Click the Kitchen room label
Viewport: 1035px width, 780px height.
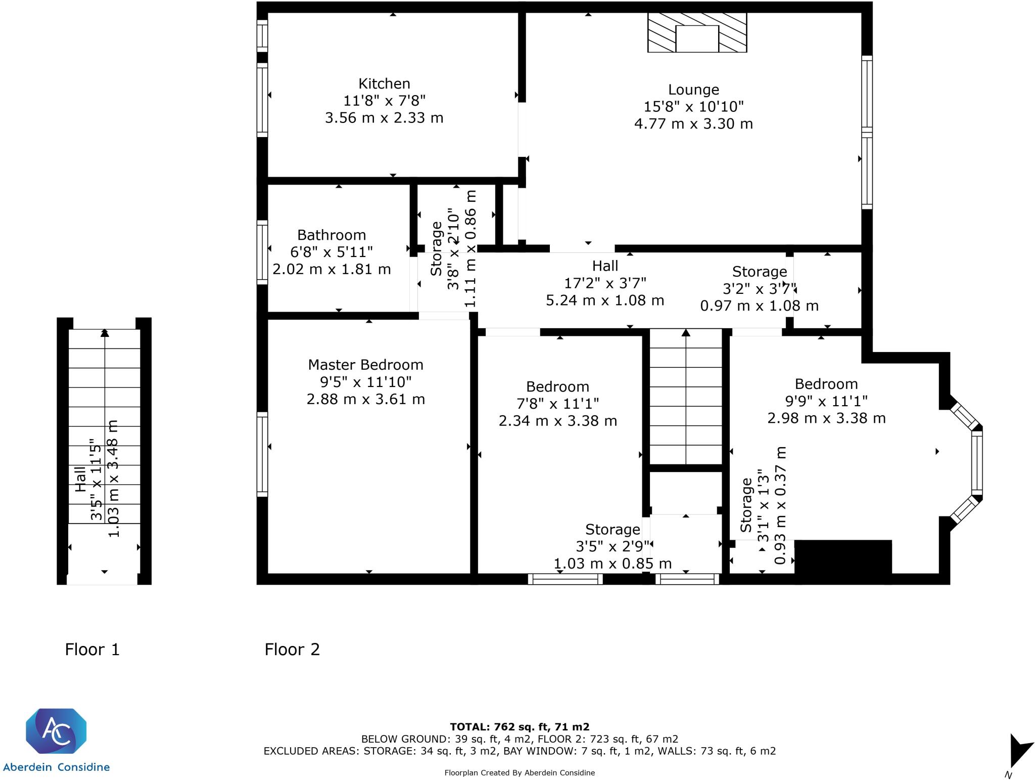pos(384,83)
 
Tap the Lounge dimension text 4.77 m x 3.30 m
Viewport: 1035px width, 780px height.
pos(693,124)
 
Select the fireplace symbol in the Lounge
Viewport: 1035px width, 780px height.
pos(697,33)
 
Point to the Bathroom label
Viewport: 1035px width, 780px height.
pos(332,235)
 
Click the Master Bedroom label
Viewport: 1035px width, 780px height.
pos(365,365)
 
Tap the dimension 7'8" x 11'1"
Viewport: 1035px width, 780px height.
pos(557,404)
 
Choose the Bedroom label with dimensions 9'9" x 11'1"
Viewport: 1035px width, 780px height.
pos(826,384)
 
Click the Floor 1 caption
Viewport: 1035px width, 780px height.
pos(92,649)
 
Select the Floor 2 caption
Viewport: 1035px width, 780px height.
pos(292,649)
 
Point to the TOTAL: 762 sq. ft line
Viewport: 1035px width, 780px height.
pos(520,727)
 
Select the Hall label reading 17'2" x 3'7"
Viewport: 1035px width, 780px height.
pos(605,266)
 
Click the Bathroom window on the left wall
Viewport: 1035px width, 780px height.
pos(262,252)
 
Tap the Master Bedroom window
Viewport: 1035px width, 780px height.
pos(262,454)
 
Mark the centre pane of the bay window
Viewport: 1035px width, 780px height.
pos(977,463)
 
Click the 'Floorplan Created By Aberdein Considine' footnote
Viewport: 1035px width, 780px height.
pos(520,772)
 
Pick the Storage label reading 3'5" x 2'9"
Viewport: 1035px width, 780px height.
pos(613,530)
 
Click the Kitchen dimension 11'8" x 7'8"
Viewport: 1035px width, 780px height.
pos(384,101)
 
